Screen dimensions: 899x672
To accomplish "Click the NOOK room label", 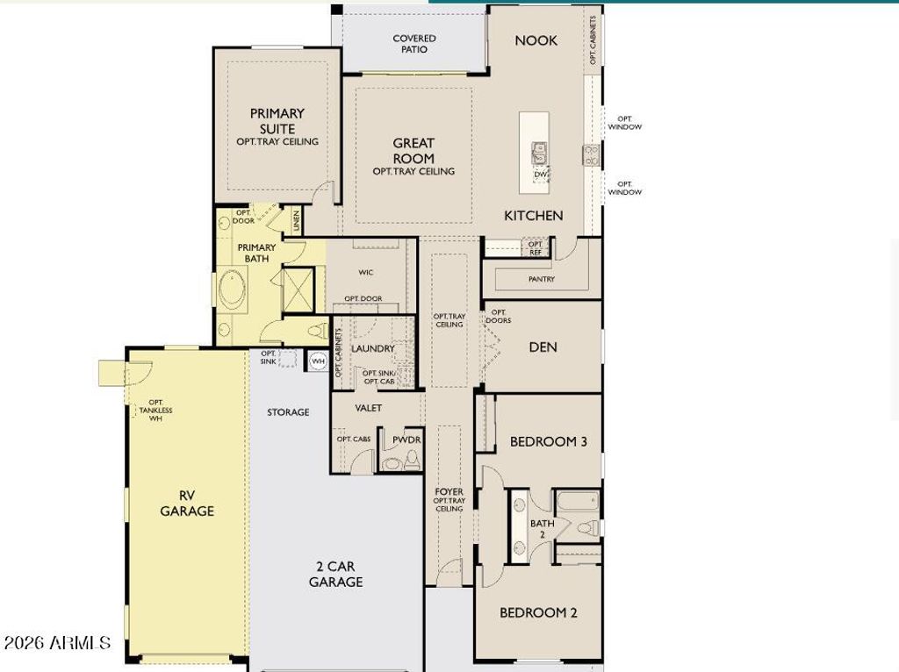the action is click(536, 40).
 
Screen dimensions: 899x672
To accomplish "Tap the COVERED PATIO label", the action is click(414, 44).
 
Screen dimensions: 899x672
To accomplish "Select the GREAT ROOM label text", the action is click(414, 151).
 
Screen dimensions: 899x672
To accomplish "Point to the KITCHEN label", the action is click(533, 216).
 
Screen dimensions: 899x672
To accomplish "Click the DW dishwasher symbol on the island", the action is click(541, 175).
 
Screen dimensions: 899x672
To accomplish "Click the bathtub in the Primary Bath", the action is click(232, 290).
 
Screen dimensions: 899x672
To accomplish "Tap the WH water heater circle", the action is click(318, 361).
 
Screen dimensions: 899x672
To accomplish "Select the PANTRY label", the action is click(541, 279).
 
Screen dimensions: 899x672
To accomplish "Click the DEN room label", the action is click(543, 347).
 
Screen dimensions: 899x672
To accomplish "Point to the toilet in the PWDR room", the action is click(412, 460).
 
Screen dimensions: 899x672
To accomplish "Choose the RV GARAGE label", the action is click(187, 504).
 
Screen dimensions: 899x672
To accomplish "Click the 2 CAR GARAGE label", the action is click(335, 574).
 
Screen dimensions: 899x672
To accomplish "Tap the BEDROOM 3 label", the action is click(548, 441).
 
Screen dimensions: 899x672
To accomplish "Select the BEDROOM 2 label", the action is click(538, 613).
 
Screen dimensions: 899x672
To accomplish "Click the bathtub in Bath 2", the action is click(578, 500).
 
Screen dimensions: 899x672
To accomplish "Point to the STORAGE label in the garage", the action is click(288, 412).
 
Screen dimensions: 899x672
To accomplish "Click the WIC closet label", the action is click(366, 272).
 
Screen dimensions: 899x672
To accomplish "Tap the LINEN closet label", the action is click(297, 221).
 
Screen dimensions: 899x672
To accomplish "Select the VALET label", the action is click(368, 408).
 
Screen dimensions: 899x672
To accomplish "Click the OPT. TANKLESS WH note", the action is click(155, 411).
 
